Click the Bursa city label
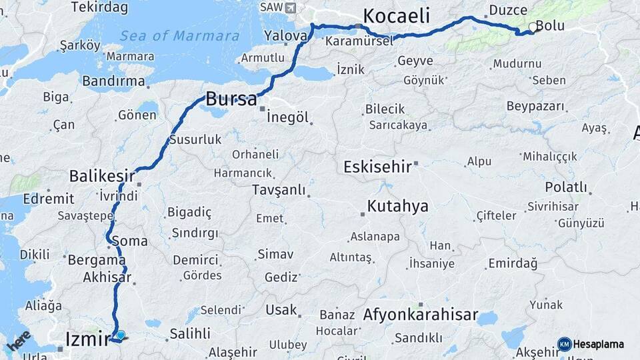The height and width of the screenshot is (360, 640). click(x=231, y=100)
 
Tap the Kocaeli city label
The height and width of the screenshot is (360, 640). click(x=396, y=16)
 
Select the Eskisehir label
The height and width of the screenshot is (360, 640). click(x=377, y=167)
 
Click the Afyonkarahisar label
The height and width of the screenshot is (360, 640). click(x=421, y=315)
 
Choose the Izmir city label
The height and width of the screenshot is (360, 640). click(x=87, y=340)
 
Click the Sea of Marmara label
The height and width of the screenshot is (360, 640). click(x=181, y=36)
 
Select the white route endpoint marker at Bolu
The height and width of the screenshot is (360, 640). click(x=532, y=27)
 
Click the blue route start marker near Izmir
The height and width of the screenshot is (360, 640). click(x=121, y=335)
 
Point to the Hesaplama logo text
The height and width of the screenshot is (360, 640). click(x=599, y=345)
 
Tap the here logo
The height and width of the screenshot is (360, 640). click(x=19, y=341)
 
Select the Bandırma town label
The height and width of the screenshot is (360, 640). click(x=113, y=81)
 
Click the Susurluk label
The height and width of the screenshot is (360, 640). click(x=195, y=140)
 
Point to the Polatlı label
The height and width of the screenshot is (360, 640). click(x=566, y=187)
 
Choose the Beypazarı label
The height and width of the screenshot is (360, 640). click(x=535, y=106)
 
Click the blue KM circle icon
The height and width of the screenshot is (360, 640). click(x=564, y=345)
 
